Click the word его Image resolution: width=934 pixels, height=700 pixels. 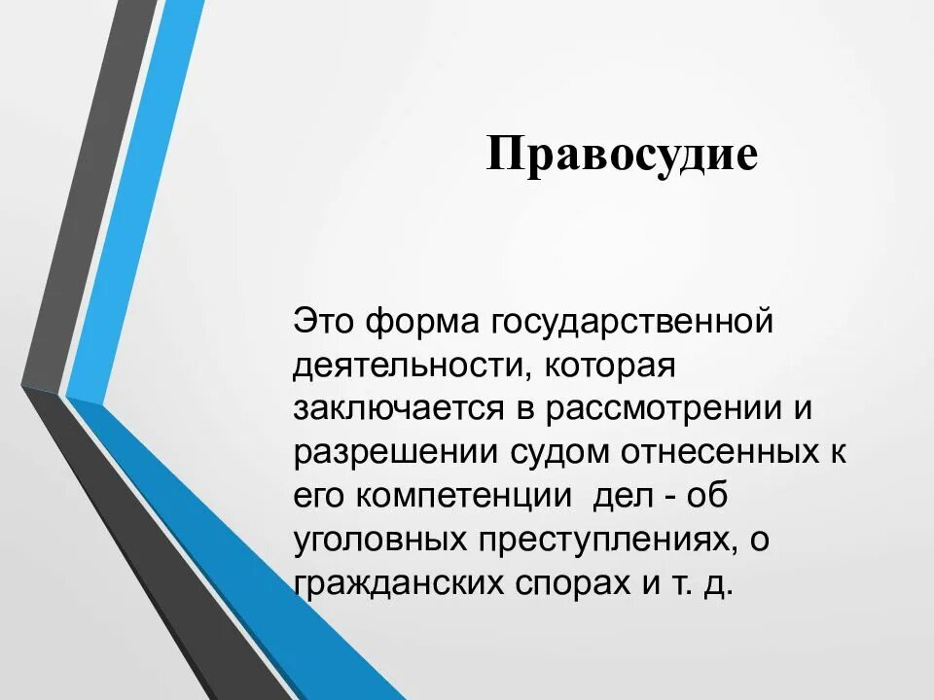(319, 497)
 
